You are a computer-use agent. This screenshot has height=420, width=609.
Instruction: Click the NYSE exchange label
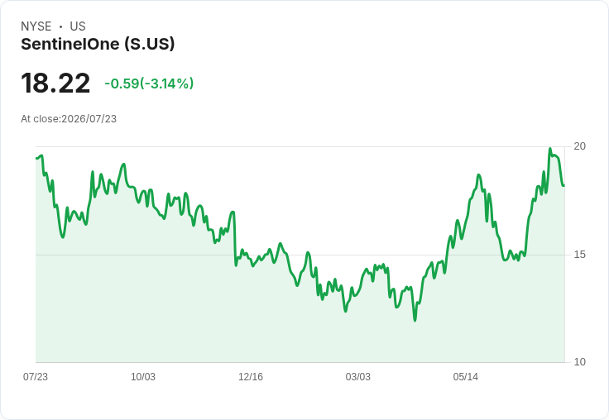point(36,26)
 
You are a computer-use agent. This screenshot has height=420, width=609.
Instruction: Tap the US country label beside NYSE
point(78,26)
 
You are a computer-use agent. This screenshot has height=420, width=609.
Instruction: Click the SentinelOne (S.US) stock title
point(98,45)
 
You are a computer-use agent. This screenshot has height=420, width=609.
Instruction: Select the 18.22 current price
point(55,83)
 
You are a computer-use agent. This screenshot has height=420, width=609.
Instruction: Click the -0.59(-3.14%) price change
point(149,84)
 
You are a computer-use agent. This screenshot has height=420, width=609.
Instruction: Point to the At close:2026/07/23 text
point(69,119)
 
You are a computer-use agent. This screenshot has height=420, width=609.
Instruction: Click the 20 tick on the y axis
point(579,146)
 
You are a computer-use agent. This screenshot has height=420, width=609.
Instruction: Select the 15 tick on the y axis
point(579,255)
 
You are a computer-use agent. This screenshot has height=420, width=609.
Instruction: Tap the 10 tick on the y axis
point(579,362)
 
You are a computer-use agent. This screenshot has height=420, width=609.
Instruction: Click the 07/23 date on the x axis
point(36,376)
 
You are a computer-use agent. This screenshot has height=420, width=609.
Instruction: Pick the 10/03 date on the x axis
point(143,376)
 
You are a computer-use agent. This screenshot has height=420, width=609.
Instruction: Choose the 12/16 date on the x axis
point(251,376)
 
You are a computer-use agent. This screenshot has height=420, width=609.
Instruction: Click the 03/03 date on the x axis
point(358,376)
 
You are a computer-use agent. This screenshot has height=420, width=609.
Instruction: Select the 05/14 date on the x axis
point(466,376)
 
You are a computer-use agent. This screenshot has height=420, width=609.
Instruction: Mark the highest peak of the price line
point(550,148)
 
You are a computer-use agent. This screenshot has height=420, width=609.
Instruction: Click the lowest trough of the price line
point(415,321)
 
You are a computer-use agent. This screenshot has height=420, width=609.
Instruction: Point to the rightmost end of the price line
point(564,185)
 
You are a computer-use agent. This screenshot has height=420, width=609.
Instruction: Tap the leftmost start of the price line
point(36,158)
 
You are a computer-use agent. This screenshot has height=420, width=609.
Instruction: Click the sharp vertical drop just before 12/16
point(235,239)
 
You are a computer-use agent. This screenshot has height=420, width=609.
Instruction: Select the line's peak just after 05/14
point(479,175)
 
